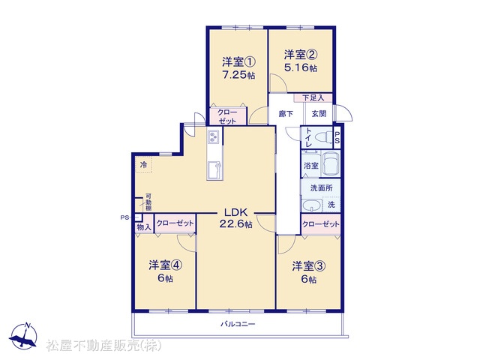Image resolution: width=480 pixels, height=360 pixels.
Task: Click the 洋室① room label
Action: tap(238, 62)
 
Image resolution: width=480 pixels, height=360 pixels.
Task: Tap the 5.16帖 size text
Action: tap(301, 67)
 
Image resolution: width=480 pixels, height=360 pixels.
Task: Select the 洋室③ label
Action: tap(308, 266)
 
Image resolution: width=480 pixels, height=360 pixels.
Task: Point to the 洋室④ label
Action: tap(166, 265)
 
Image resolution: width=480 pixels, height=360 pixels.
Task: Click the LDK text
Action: tap(235, 212)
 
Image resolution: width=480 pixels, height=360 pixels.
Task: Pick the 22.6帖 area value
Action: tap(235, 224)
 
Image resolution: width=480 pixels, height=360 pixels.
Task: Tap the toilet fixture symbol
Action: tap(323, 136)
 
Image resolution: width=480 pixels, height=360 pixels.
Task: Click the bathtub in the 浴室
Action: tap(331, 163)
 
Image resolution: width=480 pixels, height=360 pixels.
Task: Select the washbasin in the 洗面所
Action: tap(312, 205)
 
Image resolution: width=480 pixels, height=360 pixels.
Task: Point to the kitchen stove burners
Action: tap(214, 136)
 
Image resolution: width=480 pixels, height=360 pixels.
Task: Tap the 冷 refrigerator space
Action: tap(143, 165)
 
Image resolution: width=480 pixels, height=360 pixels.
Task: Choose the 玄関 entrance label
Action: tap(319, 114)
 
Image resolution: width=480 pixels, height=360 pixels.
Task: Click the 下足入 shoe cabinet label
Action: tap(313, 98)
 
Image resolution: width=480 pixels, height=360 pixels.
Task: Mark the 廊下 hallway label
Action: tap(286, 114)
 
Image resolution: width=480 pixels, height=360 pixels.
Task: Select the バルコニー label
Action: tap(238, 324)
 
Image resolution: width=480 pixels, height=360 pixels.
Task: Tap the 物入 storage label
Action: tap(144, 227)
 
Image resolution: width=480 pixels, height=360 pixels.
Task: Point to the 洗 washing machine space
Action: tap(331, 205)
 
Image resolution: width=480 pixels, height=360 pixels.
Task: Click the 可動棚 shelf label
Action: tap(148, 202)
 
